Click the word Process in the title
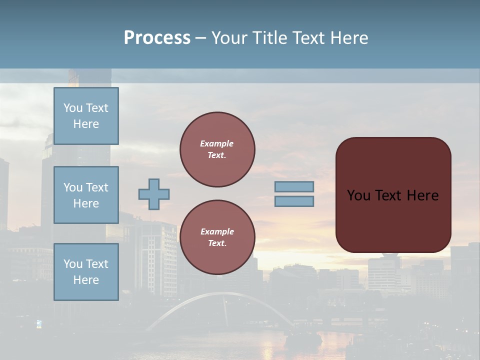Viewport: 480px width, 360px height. click(157, 38)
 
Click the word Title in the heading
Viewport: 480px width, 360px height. click(271, 38)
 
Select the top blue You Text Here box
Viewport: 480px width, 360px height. click(86, 116)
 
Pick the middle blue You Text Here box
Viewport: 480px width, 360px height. click(86, 195)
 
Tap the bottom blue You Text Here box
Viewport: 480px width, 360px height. click(86, 271)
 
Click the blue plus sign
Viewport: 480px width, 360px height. click(154, 194)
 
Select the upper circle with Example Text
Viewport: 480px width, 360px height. click(217, 149)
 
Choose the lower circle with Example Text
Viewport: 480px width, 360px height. click(217, 237)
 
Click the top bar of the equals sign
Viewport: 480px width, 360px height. click(294, 186)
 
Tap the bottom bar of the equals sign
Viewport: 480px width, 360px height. click(294, 201)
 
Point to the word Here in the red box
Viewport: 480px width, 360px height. click(422, 195)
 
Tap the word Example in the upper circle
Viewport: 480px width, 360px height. click(216, 143)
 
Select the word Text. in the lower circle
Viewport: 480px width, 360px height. click(217, 243)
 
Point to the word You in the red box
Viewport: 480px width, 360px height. click(358, 195)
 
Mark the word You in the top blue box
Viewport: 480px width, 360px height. click(73, 108)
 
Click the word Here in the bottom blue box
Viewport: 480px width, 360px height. click(86, 280)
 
